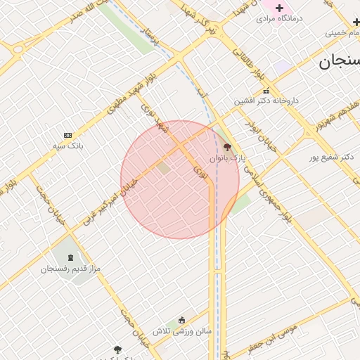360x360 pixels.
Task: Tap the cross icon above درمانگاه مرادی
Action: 279,7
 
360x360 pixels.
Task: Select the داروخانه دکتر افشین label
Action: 266,101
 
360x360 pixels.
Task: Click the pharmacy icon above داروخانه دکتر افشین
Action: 266,91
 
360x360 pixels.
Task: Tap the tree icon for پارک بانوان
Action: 227,148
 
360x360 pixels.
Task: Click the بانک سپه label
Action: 68,146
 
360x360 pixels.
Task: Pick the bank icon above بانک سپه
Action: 67,135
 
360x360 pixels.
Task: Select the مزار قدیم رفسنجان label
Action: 70,269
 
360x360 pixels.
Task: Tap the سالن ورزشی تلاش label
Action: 182,330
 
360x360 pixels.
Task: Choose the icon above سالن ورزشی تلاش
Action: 182,320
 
